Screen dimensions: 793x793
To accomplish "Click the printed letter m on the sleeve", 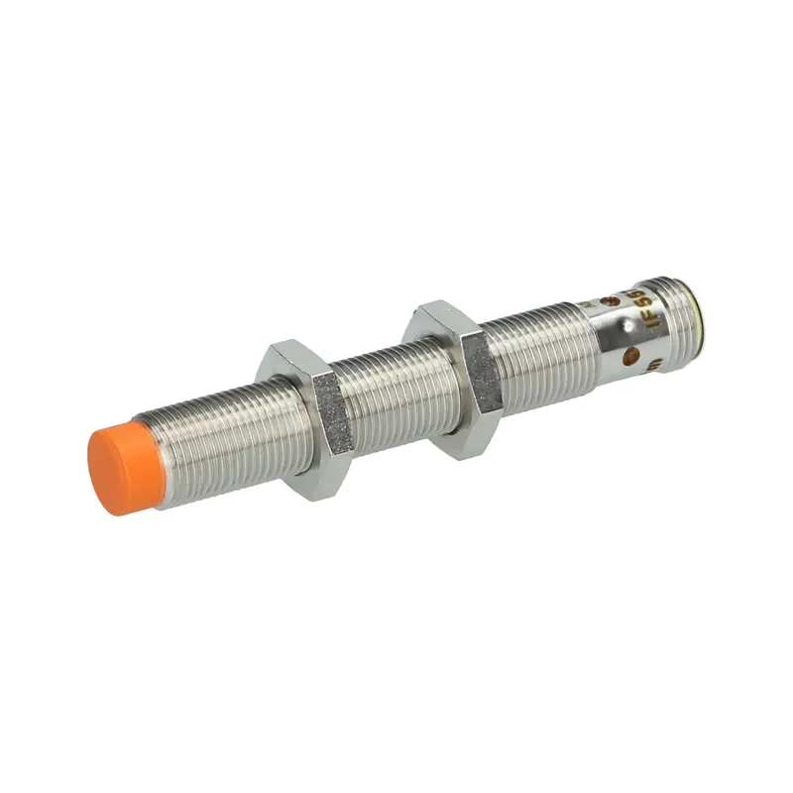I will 654,367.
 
